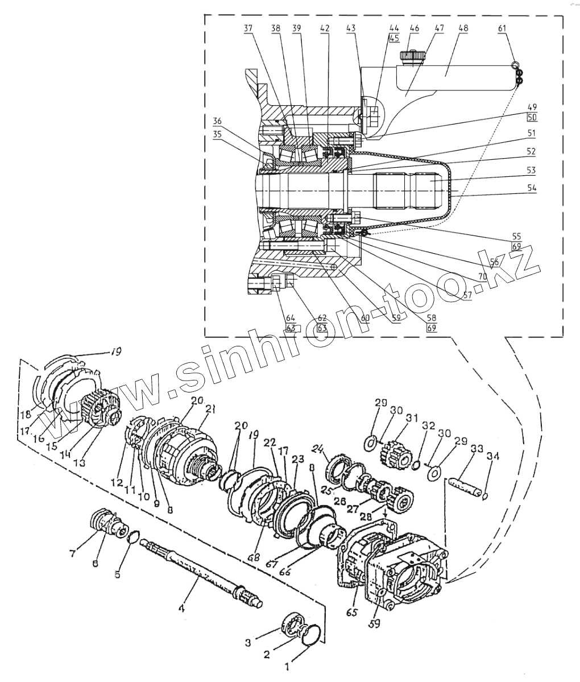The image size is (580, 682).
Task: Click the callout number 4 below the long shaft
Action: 182,609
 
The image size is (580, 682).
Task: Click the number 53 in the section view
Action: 531,170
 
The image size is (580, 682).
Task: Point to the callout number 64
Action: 291,318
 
